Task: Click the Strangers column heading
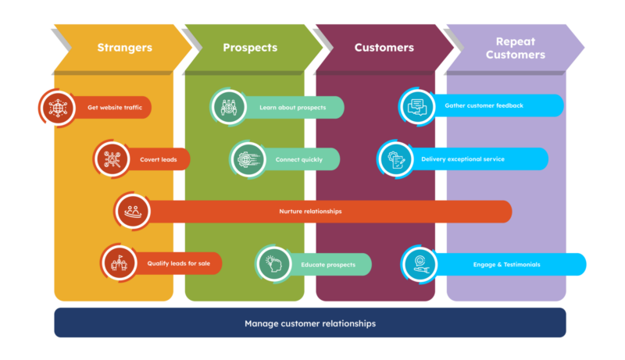pos(124,48)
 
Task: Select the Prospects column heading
pos(250,48)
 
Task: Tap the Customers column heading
pos(384,48)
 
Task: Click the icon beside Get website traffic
pos(59,107)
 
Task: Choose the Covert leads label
pos(159,159)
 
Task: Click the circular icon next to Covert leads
pos(112,159)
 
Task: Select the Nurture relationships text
pos(310,211)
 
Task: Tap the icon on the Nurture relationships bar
pos(134,210)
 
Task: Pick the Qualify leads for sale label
pos(179,263)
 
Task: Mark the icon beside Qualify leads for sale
pos(120,263)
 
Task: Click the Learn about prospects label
pos(292,107)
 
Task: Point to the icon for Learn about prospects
pos(230,107)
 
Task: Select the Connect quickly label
pos(299,159)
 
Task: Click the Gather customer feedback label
pos(484,105)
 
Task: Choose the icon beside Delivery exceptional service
pos(396,159)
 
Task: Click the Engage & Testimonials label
pos(506,264)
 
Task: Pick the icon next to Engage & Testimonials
pos(420,263)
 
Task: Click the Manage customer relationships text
pos(310,323)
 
